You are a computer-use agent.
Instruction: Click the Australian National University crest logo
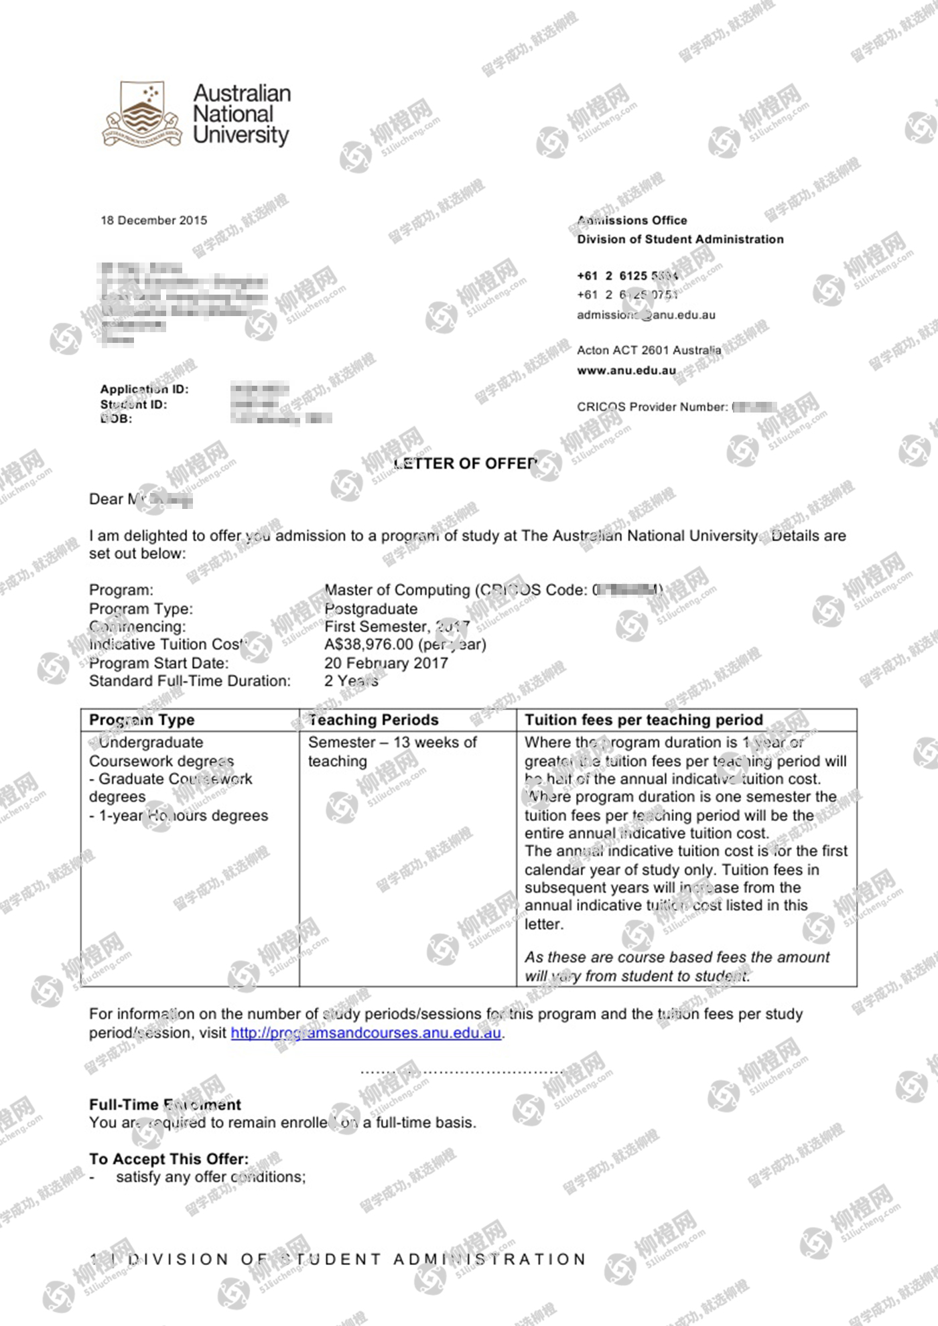click(141, 114)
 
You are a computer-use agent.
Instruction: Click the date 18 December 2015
click(153, 220)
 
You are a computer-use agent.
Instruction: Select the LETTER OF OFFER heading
click(466, 463)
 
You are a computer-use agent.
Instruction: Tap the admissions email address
click(646, 315)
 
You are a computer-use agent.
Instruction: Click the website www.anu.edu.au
click(626, 370)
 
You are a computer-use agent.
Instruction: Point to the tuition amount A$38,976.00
click(368, 644)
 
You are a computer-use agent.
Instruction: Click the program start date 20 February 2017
click(386, 663)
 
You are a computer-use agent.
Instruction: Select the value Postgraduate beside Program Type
click(371, 609)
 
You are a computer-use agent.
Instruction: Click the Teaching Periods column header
click(373, 720)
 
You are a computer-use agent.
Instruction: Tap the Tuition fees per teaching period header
click(643, 720)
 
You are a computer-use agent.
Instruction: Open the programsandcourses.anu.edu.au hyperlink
click(366, 1033)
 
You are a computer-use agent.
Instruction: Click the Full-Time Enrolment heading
click(165, 1104)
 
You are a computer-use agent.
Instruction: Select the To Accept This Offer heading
click(169, 1159)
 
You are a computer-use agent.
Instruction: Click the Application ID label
click(144, 389)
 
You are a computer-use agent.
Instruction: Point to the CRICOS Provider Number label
click(652, 407)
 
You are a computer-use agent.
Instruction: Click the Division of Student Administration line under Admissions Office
click(680, 239)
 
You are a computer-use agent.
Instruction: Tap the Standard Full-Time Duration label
click(190, 681)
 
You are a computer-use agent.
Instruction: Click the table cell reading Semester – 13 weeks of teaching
click(392, 751)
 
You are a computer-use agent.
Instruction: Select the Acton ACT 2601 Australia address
click(649, 350)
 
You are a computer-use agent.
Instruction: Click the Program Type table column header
click(141, 720)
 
